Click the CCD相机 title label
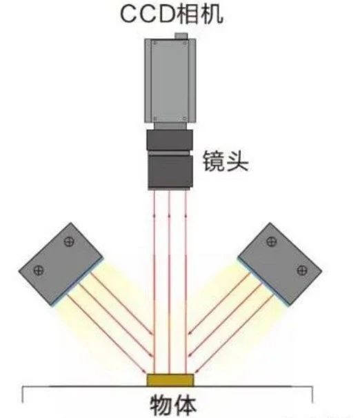(x=172, y=14)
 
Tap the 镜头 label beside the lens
(x=225, y=161)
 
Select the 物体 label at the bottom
(x=173, y=406)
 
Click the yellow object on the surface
(x=170, y=380)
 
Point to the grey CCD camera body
(x=170, y=81)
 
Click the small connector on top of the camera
(x=181, y=36)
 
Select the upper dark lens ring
(x=170, y=140)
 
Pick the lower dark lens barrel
(x=170, y=172)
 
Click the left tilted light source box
(x=61, y=264)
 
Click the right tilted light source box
(x=280, y=264)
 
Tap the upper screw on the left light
(x=69, y=241)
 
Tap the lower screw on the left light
(x=39, y=270)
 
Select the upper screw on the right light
(x=272, y=241)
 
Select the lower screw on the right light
(x=302, y=270)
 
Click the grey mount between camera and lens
(x=170, y=126)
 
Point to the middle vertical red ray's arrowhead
(x=169, y=215)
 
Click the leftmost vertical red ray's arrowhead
(x=154, y=215)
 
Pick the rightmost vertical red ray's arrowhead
(x=186, y=215)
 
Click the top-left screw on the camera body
(x=155, y=43)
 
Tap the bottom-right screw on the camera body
(x=185, y=118)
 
